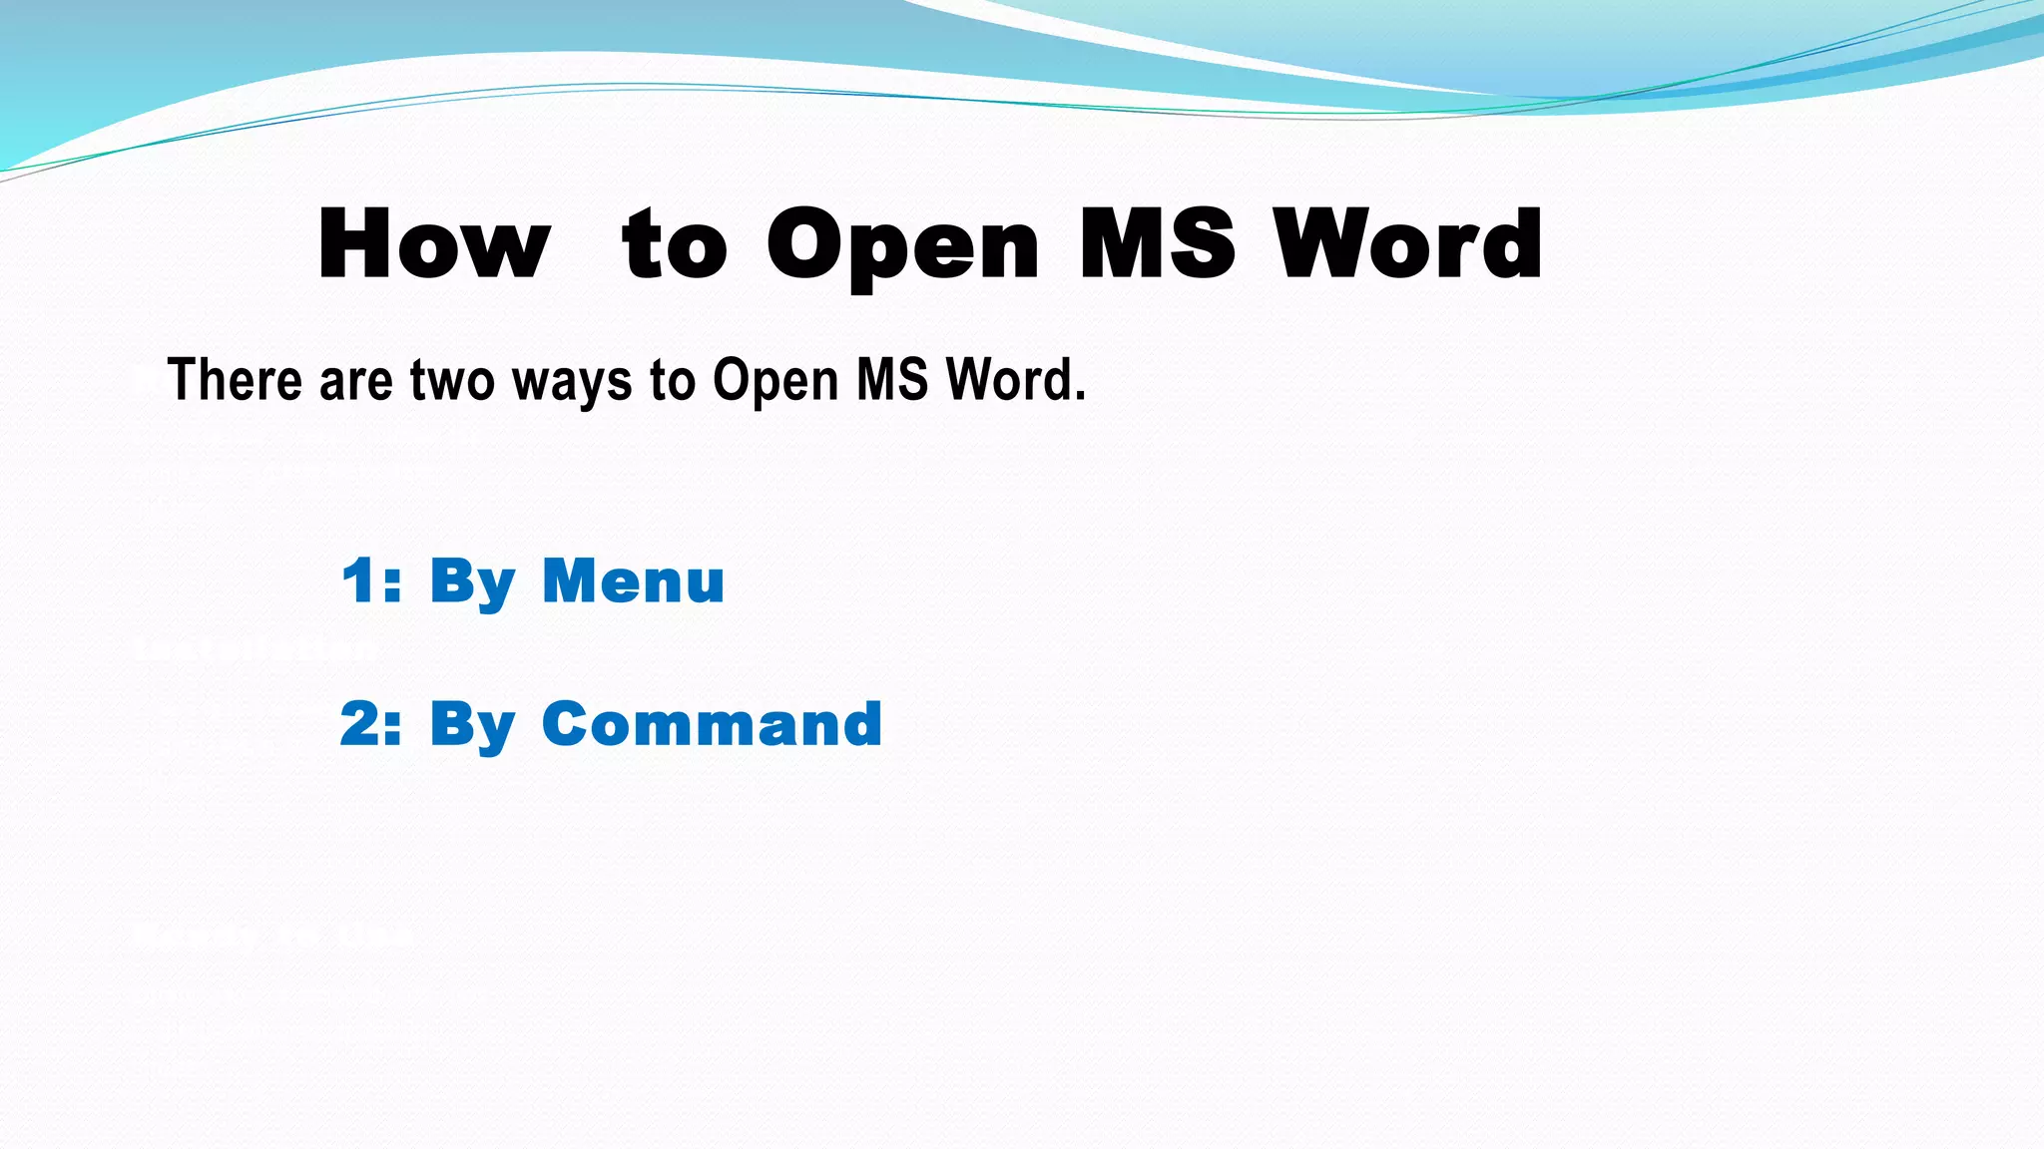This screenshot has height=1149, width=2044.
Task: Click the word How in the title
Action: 434,243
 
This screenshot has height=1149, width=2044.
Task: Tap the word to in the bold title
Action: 675,245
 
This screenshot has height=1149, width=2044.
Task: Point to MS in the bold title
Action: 1158,243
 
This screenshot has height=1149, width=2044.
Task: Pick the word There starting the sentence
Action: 235,380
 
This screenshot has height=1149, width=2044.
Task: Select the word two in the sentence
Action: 452,382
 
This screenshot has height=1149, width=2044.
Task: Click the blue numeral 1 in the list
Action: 358,580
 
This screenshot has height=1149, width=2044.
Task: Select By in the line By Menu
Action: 472,582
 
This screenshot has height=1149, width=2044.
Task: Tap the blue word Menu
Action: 633,580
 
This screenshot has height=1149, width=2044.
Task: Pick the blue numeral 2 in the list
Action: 358,724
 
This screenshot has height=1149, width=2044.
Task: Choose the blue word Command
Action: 712,724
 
